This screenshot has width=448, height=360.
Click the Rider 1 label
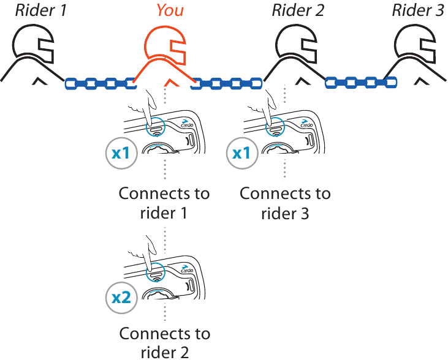41,10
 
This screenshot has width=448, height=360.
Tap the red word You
170,10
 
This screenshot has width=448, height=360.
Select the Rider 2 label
298,10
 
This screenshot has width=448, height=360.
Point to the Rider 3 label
418,10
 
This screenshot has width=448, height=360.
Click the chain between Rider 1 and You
101,84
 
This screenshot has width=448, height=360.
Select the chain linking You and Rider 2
226,84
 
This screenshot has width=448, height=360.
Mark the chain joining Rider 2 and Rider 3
361,83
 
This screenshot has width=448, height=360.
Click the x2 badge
121,298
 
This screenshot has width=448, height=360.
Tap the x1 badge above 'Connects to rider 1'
121,153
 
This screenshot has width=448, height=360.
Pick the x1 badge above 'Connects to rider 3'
242,153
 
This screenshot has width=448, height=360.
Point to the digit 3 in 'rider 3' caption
305,213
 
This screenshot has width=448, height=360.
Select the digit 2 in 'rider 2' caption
184,353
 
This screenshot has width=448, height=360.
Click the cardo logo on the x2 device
187,269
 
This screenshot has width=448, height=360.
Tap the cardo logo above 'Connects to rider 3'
306,123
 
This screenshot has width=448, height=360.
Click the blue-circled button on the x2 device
156,271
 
